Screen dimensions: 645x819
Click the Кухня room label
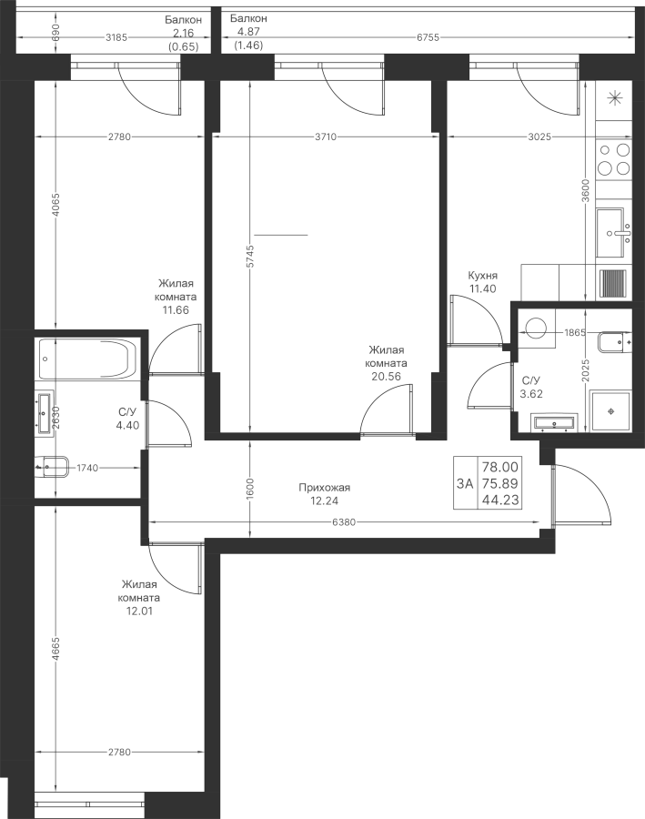[482, 276]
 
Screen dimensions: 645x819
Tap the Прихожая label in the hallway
[325, 488]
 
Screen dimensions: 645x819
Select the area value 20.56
[386, 376]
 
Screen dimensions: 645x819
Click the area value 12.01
[139, 611]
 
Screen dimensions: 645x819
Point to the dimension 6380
[344, 521]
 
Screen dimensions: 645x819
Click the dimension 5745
[250, 256]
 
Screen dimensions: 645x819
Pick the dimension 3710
[326, 136]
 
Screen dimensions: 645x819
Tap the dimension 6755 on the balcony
[428, 37]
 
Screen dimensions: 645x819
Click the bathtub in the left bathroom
[87, 359]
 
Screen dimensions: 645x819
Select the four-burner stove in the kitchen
[614, 159]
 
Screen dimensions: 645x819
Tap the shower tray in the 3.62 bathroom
[610, 411]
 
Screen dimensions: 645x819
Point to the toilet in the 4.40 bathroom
[53, 467]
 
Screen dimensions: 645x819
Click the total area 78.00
[500, 466]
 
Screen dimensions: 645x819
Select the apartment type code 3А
[465, 484]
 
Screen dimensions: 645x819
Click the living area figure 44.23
[500, 500]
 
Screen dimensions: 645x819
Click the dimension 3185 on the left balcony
[116, 37]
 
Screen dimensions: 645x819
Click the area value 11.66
[176, 309]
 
